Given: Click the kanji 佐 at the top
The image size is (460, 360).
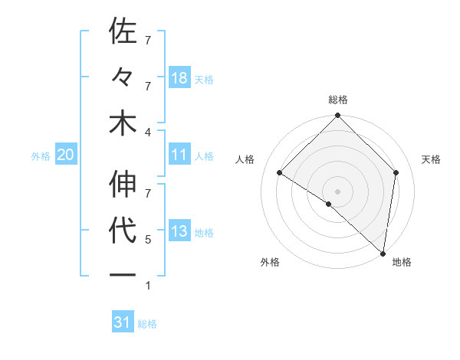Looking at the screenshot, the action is click(123, 31).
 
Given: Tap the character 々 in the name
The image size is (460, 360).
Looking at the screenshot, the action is click(123, 77).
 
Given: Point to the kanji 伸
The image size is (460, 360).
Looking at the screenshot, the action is click(123, 185).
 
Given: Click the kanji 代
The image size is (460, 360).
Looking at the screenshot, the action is click(123, 231).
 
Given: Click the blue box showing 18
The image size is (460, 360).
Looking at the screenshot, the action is click(179, 78).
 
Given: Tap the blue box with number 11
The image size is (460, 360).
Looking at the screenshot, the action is click(179, 155).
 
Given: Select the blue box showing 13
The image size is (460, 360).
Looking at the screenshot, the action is click(179, 232).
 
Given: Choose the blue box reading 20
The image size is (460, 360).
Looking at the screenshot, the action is click(65, 155).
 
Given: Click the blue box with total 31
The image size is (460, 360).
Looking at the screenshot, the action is click(123, 323).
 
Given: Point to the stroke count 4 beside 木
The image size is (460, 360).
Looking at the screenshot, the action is click(147, 132).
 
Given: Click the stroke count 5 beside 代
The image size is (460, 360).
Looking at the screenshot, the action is click(147, 240).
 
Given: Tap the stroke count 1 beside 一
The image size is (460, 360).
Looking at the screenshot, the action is click(147, 286).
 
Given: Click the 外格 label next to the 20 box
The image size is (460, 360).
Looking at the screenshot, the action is click(41, 156).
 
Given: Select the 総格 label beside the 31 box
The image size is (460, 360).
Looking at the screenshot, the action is click(147, 324).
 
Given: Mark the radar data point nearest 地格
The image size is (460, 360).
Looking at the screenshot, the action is click(383, 253).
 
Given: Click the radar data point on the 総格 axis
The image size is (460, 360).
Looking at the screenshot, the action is click(337, 116).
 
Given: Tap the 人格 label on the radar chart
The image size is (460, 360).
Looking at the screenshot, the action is click(245, 159).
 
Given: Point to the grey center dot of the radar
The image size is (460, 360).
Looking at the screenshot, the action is click(337, 191).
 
